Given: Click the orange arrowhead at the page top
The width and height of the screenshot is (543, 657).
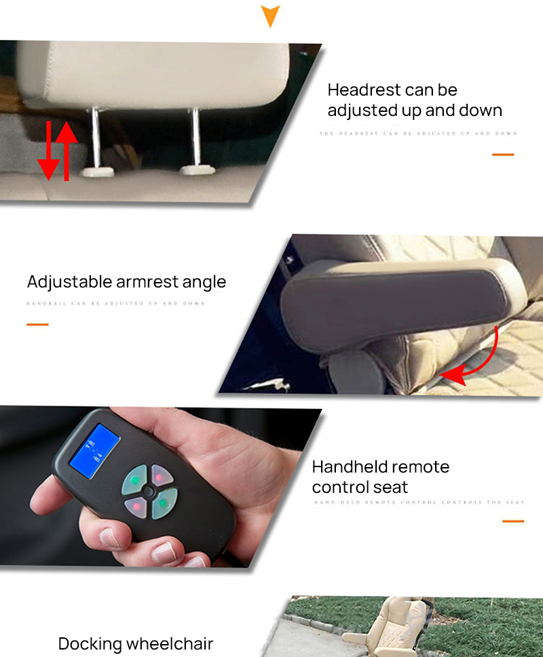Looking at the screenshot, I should pyautogui.click(x=270, y=15).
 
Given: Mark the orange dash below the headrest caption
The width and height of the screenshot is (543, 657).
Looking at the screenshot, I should pyautogui.click(x=502, y=155).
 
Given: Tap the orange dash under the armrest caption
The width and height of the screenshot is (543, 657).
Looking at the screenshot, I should pyautogui.click(x=37, y=324).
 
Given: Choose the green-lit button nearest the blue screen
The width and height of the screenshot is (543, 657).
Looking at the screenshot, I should pyautogui.click(x=135, y=482).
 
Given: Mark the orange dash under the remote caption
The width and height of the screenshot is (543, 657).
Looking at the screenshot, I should pyautogui.click(x=513, y=521).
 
